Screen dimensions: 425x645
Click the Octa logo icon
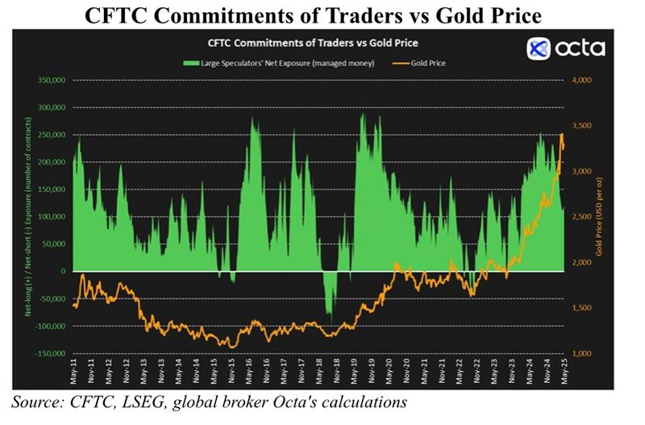[x=539, y=48]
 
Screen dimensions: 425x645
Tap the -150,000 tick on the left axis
[x=48, y=354]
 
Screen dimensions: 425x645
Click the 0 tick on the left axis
[x=61, y=272]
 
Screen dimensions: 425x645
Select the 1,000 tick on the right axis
[x=582, y=354]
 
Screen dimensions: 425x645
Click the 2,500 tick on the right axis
[x=582, y=217]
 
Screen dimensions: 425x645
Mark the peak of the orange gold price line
[x=561, y=135]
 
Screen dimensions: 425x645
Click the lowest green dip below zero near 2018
[x=329, y=315]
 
